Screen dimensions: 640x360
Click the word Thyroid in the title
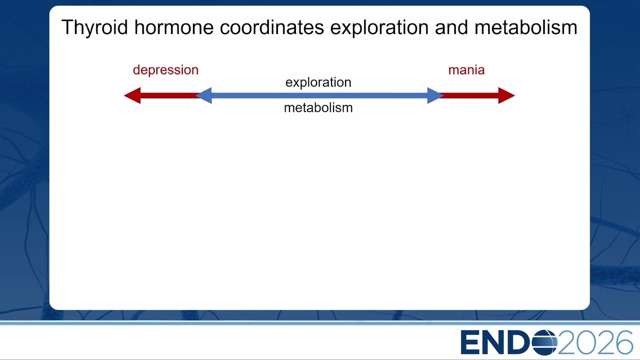pyautogui.click(x=94, y=27)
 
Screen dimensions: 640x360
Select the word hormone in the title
pyautogui.click(x=174, y=27)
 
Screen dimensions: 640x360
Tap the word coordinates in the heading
pyautogui.click(x=271, y=27)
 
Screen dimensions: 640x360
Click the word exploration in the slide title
pyautogui.click(x=379, y=27)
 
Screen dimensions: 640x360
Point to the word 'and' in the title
pyautogui.click(x=451, y=27)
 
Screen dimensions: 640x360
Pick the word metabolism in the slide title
pyautogui.click(x=525, y=27)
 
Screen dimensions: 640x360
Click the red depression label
pyautogui.click(x=165, y=70)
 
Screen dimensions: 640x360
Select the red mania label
pyautogui.click(x=466, y=70)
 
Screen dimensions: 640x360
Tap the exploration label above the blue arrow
pyautogui.click(x=318, y=82)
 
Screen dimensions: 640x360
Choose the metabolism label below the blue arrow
pyautogui.click(x=318, y=107)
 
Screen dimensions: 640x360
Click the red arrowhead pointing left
pyautogui.click(x=132, y=95)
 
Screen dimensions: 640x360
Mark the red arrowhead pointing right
pyautogui.click(x=506, y=95)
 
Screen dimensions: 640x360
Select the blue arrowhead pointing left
pyautogui.click(x=203, y=95)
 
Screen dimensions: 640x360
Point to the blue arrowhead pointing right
pyautogui.click(x=435, y=95)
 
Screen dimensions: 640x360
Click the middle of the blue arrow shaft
pyautogui.click(x=319, y=95)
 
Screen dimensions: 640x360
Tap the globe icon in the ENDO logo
pyautogui.click(x=544, y=342)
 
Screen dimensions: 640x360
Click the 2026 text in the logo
pyautogui.click(x=595, y=342)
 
